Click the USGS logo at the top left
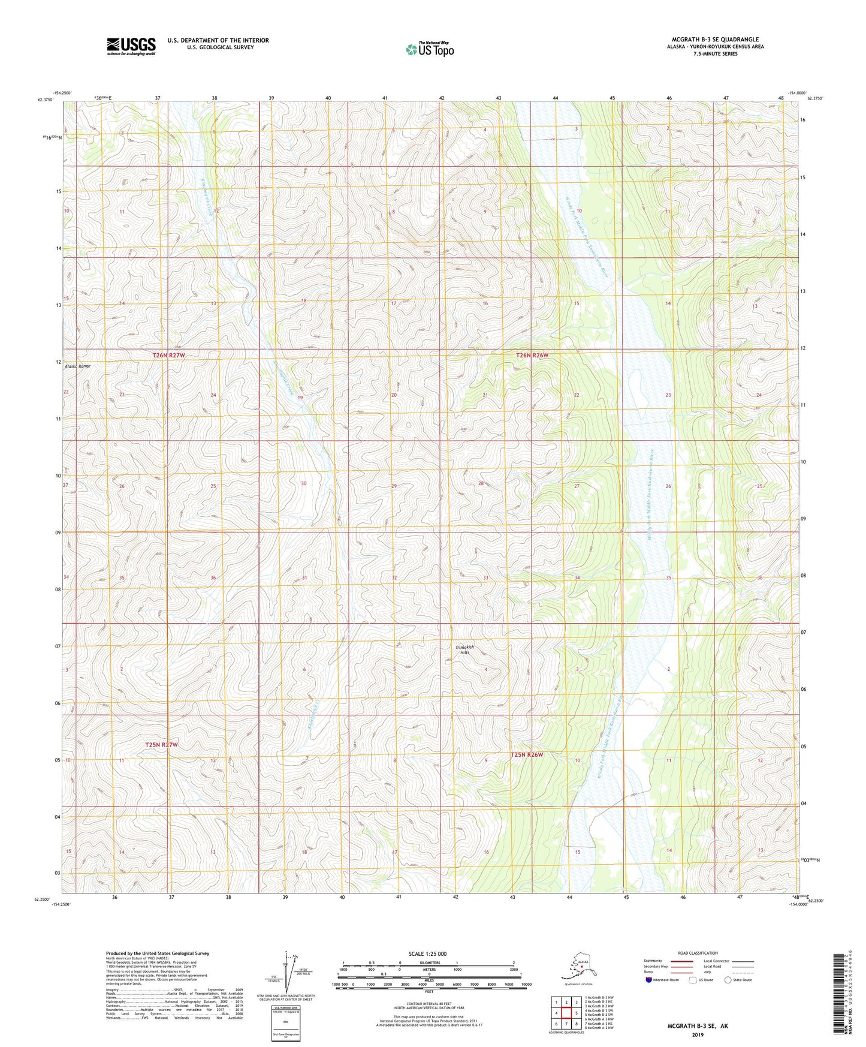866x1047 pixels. [x=131, y=46]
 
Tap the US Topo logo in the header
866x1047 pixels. [x=429, y=49]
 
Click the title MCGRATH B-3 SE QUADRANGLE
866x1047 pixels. [x=715, y=40]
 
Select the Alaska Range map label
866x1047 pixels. [x=77, y=366]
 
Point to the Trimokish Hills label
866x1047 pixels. [x=464, y=649]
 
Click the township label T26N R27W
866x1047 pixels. [x=168, y=356]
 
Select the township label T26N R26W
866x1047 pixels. [x=532, y=356]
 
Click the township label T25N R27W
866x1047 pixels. [x=162, y=745]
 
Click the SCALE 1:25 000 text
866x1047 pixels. [x=428, y=954]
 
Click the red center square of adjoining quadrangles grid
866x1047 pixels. [x=566, y=1013]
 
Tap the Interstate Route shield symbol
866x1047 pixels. [x=648, y=980]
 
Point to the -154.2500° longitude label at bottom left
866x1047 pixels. [x=61, y=904]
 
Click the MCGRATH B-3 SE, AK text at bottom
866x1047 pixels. [x=698, y=1026]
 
